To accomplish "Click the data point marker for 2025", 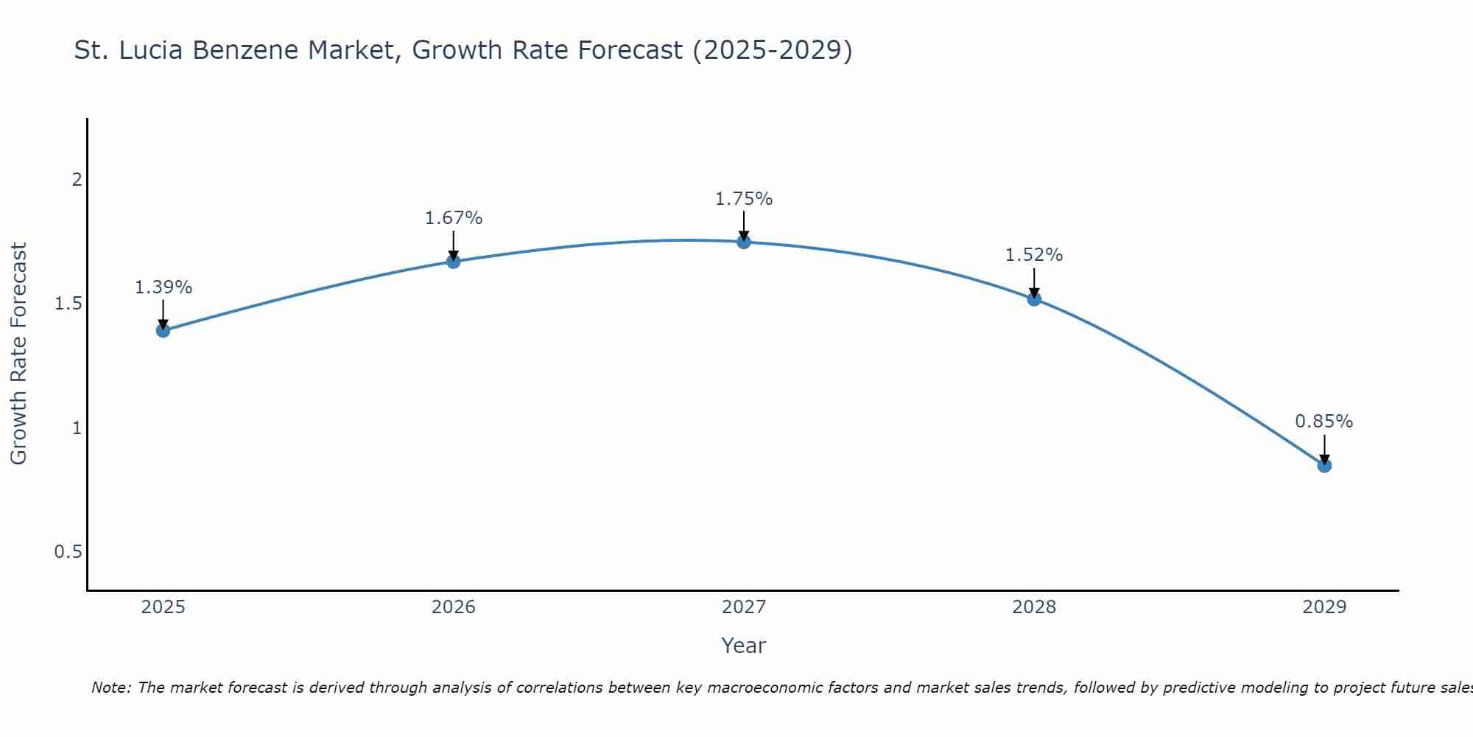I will point(163,330).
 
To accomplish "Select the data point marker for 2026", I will point(454,261).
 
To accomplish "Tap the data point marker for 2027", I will point(744,242).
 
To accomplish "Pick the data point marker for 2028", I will point(1034,298).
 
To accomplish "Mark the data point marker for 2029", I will point(1324,465).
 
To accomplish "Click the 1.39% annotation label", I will point(163,287).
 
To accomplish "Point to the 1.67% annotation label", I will point(454,218).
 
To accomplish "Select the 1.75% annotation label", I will point(744,199).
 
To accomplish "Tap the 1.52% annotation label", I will point(1034,255).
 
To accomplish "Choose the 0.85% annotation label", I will point(1324,422).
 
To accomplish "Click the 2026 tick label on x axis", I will point(454,607).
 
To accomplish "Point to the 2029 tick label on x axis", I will point(1324,607).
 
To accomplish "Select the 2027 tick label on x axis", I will point(744,607).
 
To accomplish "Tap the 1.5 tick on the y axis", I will point(68,304).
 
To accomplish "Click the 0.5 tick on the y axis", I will point(68,552).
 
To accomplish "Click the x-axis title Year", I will point(744,646).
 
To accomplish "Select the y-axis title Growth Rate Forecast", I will point(18,354).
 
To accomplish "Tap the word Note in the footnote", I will point(110,688).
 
